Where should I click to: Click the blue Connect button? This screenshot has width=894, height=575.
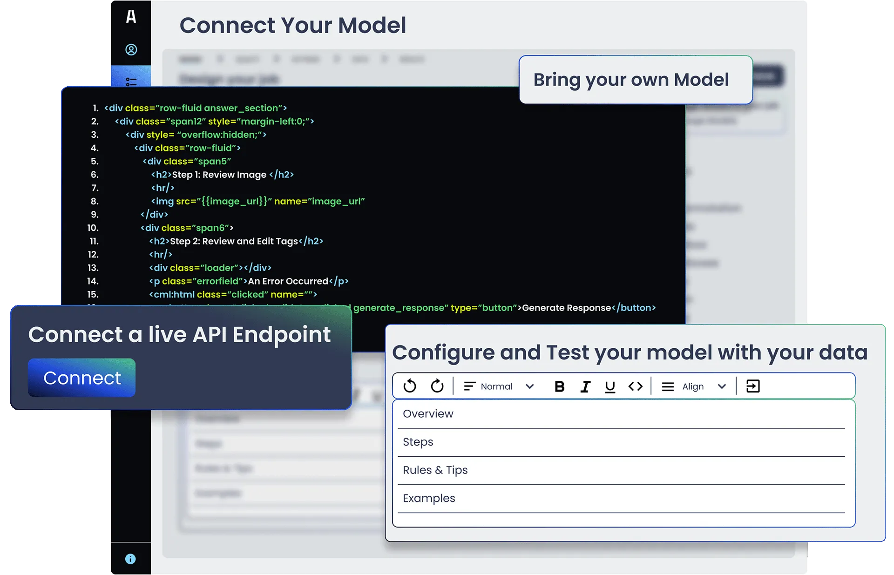point(81,378)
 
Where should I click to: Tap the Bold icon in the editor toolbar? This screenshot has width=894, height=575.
point(560,386)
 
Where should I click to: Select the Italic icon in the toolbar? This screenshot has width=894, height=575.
point(585,386)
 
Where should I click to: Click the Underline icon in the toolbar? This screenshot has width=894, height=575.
point(610,386)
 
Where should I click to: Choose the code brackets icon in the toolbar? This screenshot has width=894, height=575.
point(636,386)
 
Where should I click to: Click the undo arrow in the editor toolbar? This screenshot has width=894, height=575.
point(410,386)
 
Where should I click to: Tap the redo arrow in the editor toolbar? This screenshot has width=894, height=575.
point(437,386)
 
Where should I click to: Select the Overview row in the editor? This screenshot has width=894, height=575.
point(428,414)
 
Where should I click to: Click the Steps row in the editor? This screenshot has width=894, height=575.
point(418,442)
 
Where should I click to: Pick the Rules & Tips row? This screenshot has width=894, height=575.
point(435,470)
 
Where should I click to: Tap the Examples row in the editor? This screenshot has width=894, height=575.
point(429,498)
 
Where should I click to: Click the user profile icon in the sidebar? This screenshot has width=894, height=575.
point(131,50)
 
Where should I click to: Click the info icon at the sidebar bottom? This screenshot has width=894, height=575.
point(130,559)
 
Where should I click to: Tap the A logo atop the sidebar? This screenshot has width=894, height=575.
point(131,17)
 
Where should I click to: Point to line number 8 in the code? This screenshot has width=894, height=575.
point(95,202)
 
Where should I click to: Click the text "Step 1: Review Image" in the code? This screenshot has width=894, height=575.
point(219,175)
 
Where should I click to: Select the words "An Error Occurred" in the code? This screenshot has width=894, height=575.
point(288,281)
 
